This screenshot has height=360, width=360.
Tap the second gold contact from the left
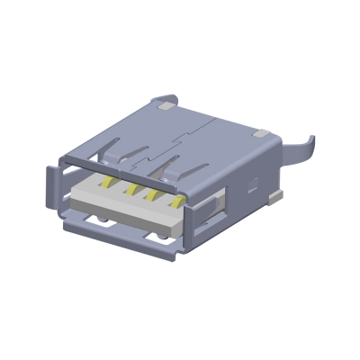(x=131, y=190)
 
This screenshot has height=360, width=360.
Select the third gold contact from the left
(x=155, y=193)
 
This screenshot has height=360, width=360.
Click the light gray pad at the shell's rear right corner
(x=262, y=132)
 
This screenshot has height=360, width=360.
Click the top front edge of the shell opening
(x=135, y=168)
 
